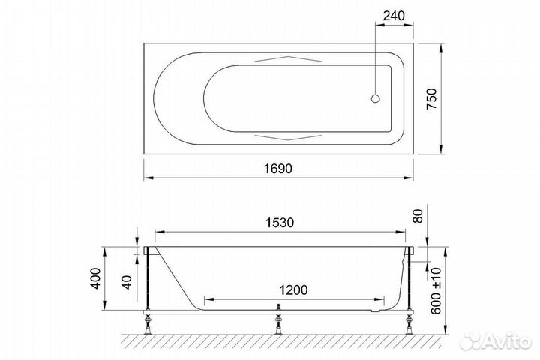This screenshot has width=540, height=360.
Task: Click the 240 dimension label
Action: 394,16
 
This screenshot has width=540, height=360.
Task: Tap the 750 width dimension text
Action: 431,99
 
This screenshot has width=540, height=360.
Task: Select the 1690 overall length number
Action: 278,169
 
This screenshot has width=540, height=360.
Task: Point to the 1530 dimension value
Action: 280,223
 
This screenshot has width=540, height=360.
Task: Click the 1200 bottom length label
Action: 293,290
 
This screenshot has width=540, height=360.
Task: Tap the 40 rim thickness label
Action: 127,282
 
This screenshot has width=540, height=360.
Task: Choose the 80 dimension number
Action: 418,216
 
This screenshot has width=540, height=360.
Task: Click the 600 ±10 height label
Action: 436,290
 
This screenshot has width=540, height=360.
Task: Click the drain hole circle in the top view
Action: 376,98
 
